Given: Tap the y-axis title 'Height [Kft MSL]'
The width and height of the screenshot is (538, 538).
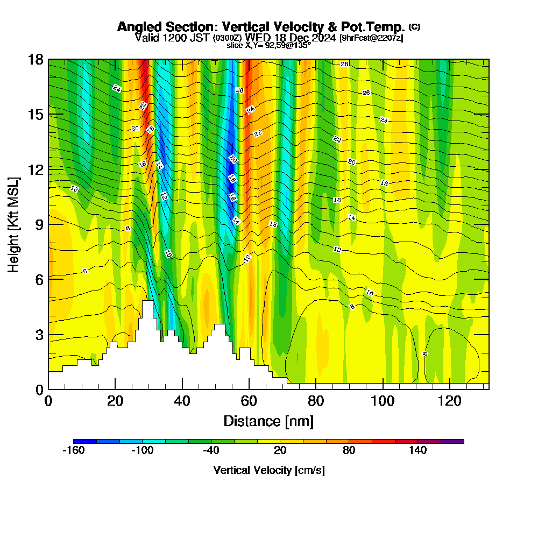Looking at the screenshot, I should tap(14, 224).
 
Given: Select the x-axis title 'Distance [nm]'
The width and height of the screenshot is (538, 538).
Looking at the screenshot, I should tap(268, 421).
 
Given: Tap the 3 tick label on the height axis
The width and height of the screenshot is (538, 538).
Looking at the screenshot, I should tap(39, 334).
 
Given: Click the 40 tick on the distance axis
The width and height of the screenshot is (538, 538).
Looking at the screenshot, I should tap(182, 401).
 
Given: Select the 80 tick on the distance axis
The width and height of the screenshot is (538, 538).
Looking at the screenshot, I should tap(316, 401).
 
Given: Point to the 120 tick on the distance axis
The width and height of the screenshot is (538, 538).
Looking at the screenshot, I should tap(449, 401).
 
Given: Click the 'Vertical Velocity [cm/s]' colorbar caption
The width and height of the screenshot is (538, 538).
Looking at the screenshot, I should tap(268, 470).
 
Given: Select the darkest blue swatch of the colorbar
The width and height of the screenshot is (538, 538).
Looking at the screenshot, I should tap(85, 441).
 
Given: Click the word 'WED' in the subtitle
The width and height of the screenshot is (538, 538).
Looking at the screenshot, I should tap(256, 38).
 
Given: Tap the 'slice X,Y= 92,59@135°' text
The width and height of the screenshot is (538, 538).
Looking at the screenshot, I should tap(268, 46).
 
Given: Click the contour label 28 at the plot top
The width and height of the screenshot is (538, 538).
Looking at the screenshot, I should tap(344, 64).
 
